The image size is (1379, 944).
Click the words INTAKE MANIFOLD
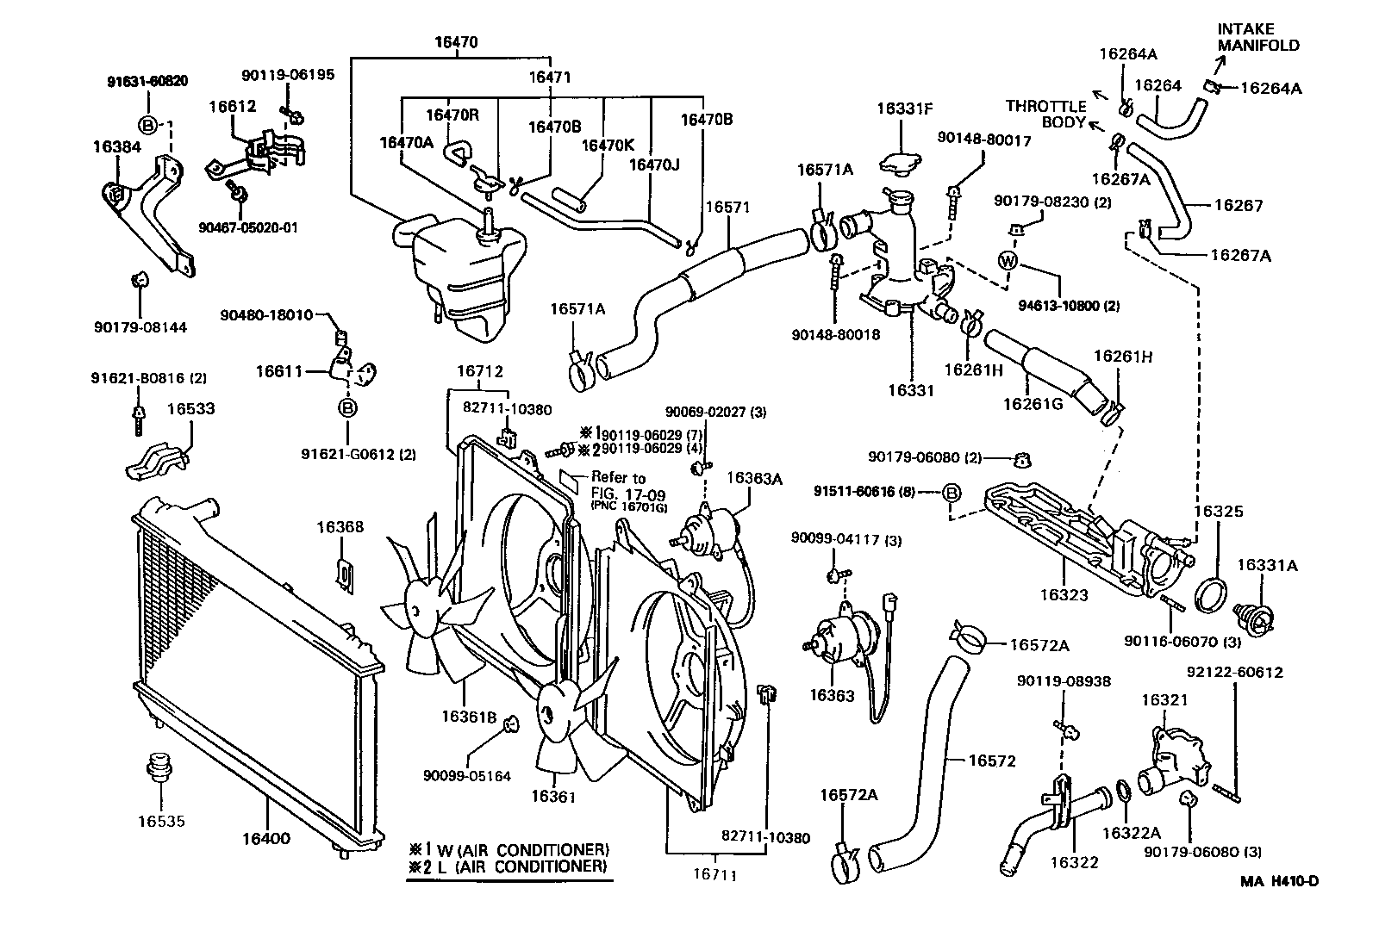pos(1257,37)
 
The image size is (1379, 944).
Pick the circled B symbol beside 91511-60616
pos(951,493)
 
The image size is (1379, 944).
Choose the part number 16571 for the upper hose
pos(727,207)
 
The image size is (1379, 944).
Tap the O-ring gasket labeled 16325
pos(1212,594)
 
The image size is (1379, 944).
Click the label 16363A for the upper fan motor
pos(754,478)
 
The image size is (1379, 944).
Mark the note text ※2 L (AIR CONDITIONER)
pos(509,866)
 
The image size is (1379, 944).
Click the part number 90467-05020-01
pos(247,227)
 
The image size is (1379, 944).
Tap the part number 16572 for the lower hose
pos(992,761)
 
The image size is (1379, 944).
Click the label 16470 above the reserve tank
pos(456,41)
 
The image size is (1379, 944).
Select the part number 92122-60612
pos(1235,672)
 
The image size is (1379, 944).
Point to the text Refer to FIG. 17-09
pos(618,487)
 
